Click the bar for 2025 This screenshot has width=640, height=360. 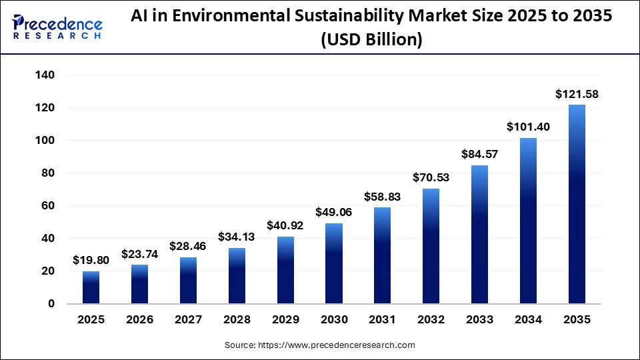[91, 287]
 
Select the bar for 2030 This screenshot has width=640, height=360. [334, 263]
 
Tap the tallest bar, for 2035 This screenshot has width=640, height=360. [577, 204]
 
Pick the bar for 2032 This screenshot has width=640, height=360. [431, 246]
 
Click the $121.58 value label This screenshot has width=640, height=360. [577, 94]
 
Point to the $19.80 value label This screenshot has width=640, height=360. [91, 261]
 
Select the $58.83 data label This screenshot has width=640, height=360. [382, 197]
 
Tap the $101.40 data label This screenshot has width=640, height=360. [528, 127]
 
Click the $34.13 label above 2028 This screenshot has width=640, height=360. [237, 237]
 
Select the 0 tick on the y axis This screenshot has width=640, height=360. [51, 304]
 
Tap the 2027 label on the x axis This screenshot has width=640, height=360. [188, 320]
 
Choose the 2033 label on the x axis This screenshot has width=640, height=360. [479, 320]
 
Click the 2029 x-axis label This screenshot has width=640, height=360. [285, 320]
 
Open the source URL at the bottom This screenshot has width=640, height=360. [319, 345]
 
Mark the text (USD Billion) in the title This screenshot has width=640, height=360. [371, 40]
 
